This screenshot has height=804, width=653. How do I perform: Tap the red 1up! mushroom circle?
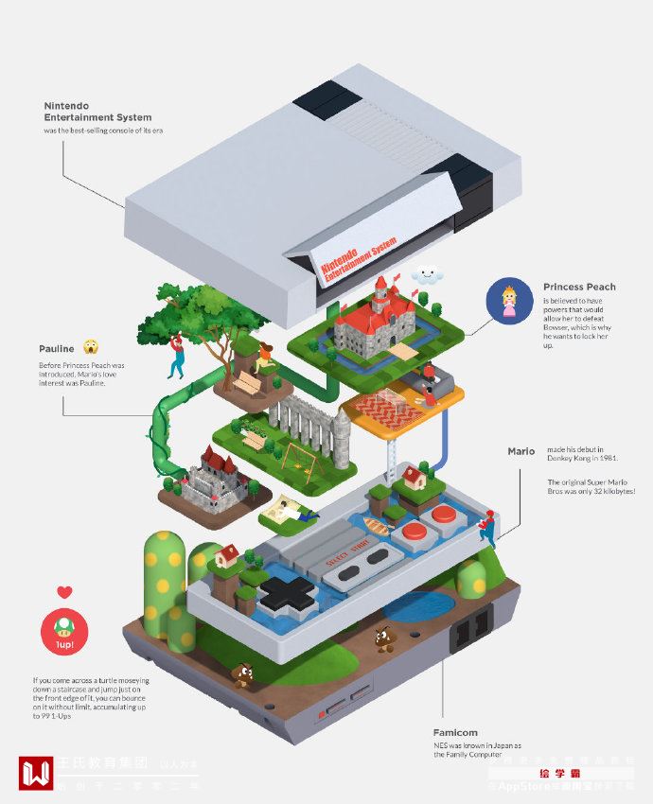coord(64,632)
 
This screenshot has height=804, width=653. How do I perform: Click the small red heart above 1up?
coord(64,593)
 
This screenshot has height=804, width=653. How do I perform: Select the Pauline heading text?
coord(57,348)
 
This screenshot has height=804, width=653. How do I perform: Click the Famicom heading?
coord(455,732)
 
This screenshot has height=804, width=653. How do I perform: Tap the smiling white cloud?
coord(429,275)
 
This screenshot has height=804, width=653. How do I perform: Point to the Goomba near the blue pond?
coord(383,638)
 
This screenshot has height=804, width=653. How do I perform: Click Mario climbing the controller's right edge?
coord(486,529)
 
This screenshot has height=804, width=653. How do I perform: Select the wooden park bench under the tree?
coord(247,383)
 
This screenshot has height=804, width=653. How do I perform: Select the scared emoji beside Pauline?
coord(91,347)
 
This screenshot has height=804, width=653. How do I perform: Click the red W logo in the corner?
coord(36,772)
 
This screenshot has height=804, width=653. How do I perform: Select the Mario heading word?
coord(521,451)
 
